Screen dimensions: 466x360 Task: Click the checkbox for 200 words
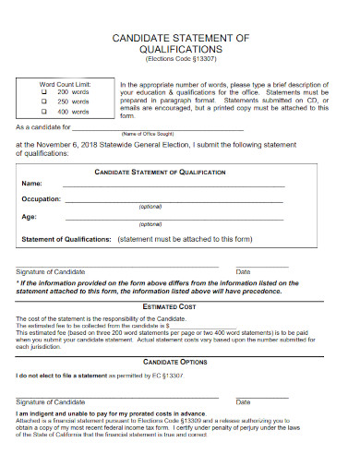pos(43,92)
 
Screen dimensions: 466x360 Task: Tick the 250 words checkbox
pos(43,102)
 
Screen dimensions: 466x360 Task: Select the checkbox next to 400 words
pos(43,112)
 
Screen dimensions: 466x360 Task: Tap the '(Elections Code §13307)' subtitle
pos(180,58)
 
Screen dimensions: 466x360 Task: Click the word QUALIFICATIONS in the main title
pos(180,49)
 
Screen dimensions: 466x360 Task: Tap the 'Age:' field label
pos(30,217)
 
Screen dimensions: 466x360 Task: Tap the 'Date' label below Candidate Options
pos(243,402)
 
